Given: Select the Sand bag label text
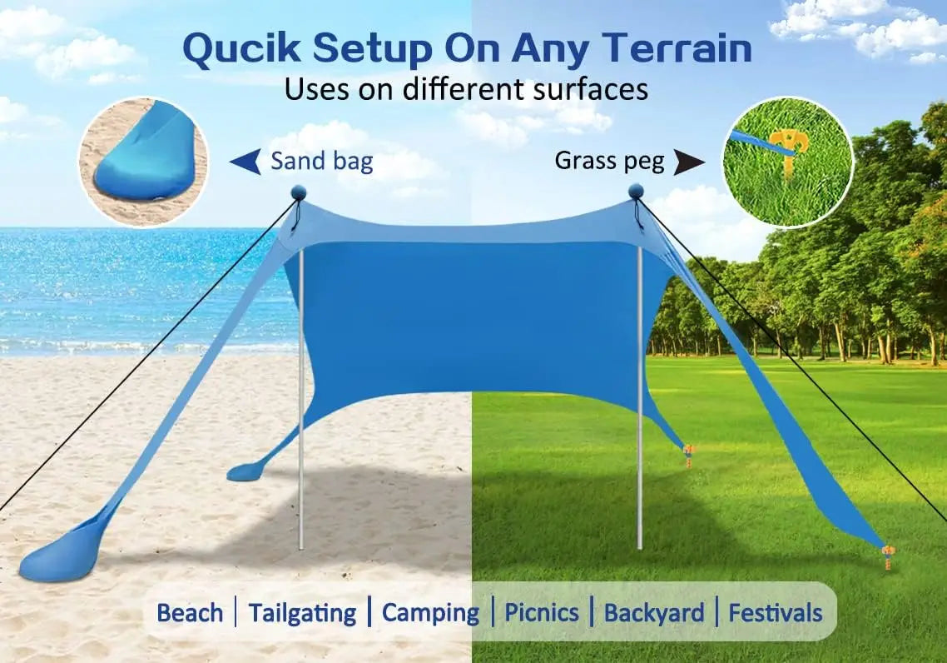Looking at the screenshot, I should pos(321,161).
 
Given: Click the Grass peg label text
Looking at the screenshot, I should pos(609,161).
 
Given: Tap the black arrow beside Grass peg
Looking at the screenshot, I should pos(690,162).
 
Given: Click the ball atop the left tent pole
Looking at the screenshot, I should pos(298,194).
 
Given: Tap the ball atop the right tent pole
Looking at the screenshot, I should pos(636,192).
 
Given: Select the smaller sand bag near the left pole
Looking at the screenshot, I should pos(244,472).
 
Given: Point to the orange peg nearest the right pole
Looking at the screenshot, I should pos(688,455).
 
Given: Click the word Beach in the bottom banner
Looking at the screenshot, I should pos(190,614).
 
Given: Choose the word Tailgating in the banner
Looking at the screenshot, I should pos(302,614).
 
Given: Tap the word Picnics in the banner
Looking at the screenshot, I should pos(542,614).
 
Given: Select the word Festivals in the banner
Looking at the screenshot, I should pos(775,614).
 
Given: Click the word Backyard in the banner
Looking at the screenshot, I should pos(654,614).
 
